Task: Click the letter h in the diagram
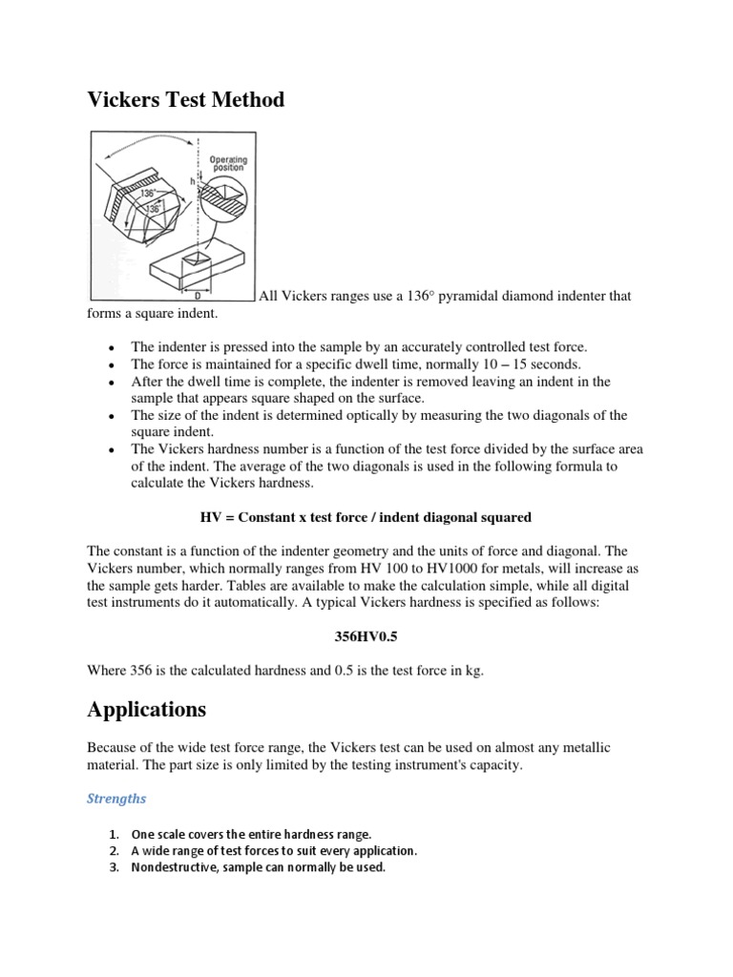point(192,180)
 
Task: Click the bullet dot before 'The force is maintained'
point(114,364)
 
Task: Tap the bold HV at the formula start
point(210,517)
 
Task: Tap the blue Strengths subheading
point(116,799)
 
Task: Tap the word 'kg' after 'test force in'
point(473,672)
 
